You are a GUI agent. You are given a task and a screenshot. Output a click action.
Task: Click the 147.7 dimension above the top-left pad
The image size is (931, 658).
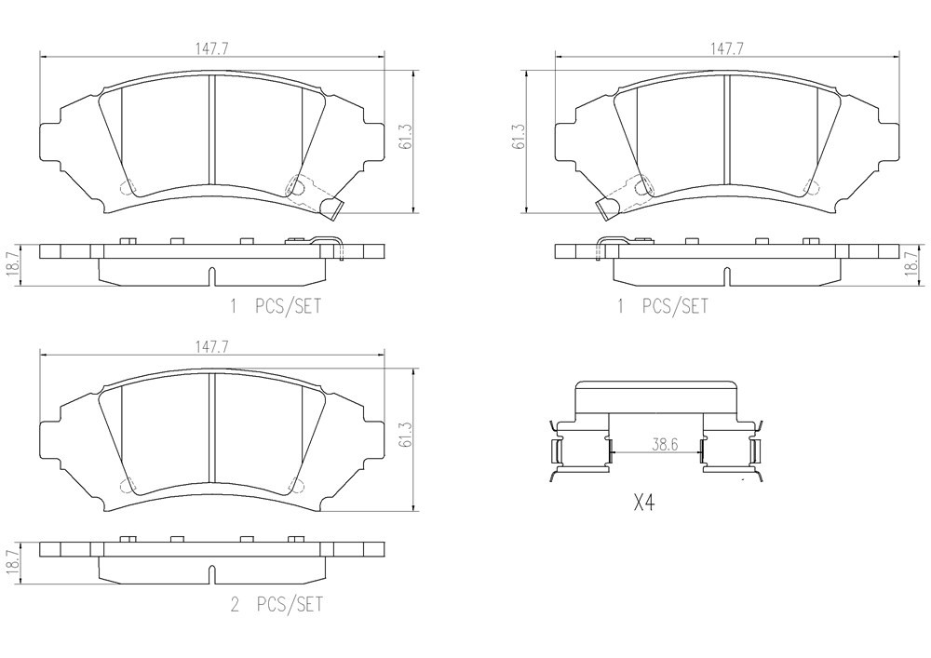coord(212,49)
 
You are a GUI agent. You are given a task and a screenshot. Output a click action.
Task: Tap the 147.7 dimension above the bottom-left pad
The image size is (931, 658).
coord(212,347)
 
